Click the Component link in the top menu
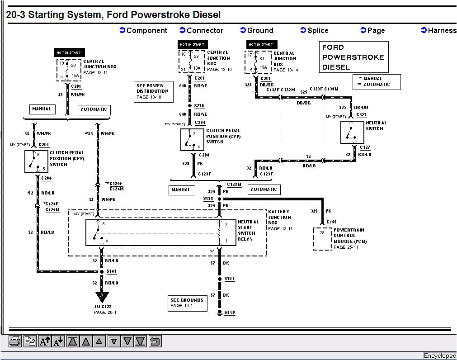[143, 30]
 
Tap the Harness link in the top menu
[438, 30]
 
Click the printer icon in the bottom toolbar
[15, 341]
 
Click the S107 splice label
[229, 279]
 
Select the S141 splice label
[111, 271]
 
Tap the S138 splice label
[208, 199]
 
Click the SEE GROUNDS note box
[187, 303]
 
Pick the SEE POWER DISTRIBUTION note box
[152, 91]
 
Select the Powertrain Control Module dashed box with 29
[322, 238]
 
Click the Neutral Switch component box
[352, 132]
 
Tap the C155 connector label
[332, 222]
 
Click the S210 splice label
[199, 106]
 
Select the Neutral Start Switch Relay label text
[248, 230]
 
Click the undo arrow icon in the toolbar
[155, 341]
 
